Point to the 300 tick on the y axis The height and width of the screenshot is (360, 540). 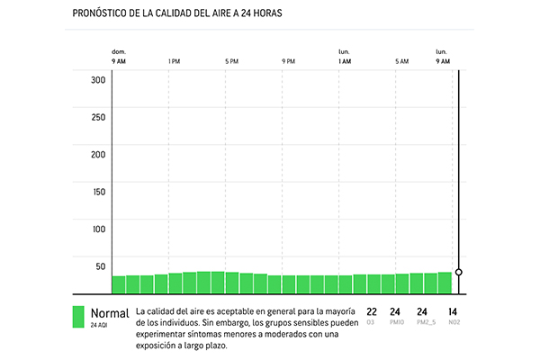coord(98,79)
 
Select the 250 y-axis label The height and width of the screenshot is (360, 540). coord(98,117)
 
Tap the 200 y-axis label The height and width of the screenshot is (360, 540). coord(98,154)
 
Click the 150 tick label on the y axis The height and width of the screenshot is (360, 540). coord(98,192)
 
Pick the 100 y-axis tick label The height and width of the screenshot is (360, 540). coord(98,229)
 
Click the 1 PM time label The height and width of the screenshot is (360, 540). coord(175,61)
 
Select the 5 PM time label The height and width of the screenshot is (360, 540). coord(231,61)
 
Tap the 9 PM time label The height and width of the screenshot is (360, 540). coord(288,61)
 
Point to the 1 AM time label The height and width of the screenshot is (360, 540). coord(345,61)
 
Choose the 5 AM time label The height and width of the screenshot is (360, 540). coord(401,61)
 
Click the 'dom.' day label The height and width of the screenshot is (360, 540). coord(118,52)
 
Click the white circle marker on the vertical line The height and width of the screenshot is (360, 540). coord(459,271)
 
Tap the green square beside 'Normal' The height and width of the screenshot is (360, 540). coord(78,318)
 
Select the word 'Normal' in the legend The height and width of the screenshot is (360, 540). coord(110,313)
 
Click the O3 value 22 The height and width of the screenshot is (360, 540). coord(372,312)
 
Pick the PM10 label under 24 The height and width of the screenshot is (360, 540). coord(395,322)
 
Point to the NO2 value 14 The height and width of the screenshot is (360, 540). coord(453,312)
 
